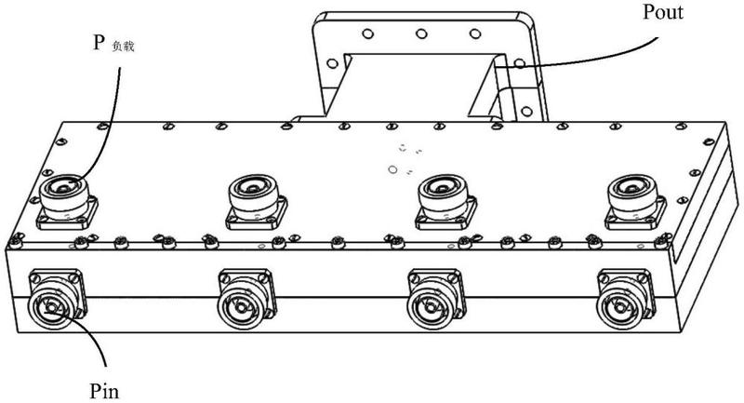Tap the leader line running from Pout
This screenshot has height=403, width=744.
click(x=577, y=47)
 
